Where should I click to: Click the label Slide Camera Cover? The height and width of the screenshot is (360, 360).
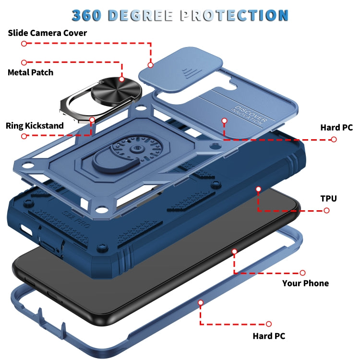point(47,33)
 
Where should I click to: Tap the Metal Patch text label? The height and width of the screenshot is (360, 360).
point(30,72)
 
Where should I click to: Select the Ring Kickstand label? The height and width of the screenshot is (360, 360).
point(35,126)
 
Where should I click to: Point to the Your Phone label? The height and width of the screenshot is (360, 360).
point(305,283)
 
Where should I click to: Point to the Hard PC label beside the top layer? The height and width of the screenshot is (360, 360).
point(336,128)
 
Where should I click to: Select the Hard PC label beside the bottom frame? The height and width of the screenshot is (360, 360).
point(269,336)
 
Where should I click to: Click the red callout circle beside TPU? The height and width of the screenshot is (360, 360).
point(326,210)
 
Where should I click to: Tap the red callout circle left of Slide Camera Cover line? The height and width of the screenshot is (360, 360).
point(24,43)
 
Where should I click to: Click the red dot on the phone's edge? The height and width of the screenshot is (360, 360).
point(235,251)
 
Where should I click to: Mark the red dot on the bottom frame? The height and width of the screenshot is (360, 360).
point(201,302)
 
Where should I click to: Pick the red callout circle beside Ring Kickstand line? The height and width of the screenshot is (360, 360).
point(24,136)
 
